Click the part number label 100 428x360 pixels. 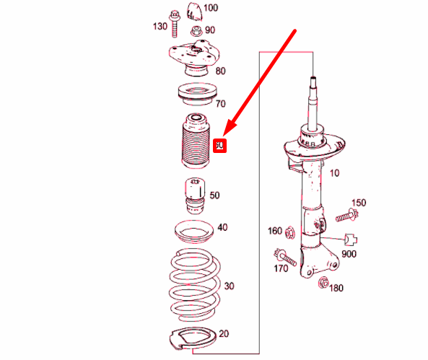click(x=211, y=9)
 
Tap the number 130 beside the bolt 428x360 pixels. click(x=160, y=27)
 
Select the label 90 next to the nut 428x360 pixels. click(x=210, y=30)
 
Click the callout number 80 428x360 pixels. click(x=220, y=71)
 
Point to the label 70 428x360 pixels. click(x=220, y=104)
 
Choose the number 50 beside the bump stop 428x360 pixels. click(x=214, y=196)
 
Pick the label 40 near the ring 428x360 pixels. click(x=222, y=227)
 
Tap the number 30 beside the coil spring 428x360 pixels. click(x=229, y=286)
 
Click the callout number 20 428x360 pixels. click(x=224, y=333)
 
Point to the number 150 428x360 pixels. click(x=359, y=202)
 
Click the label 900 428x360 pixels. click(x=349, y=254)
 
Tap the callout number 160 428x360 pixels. click(x=274, y=232)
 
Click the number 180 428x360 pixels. click(x=336, y=289)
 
